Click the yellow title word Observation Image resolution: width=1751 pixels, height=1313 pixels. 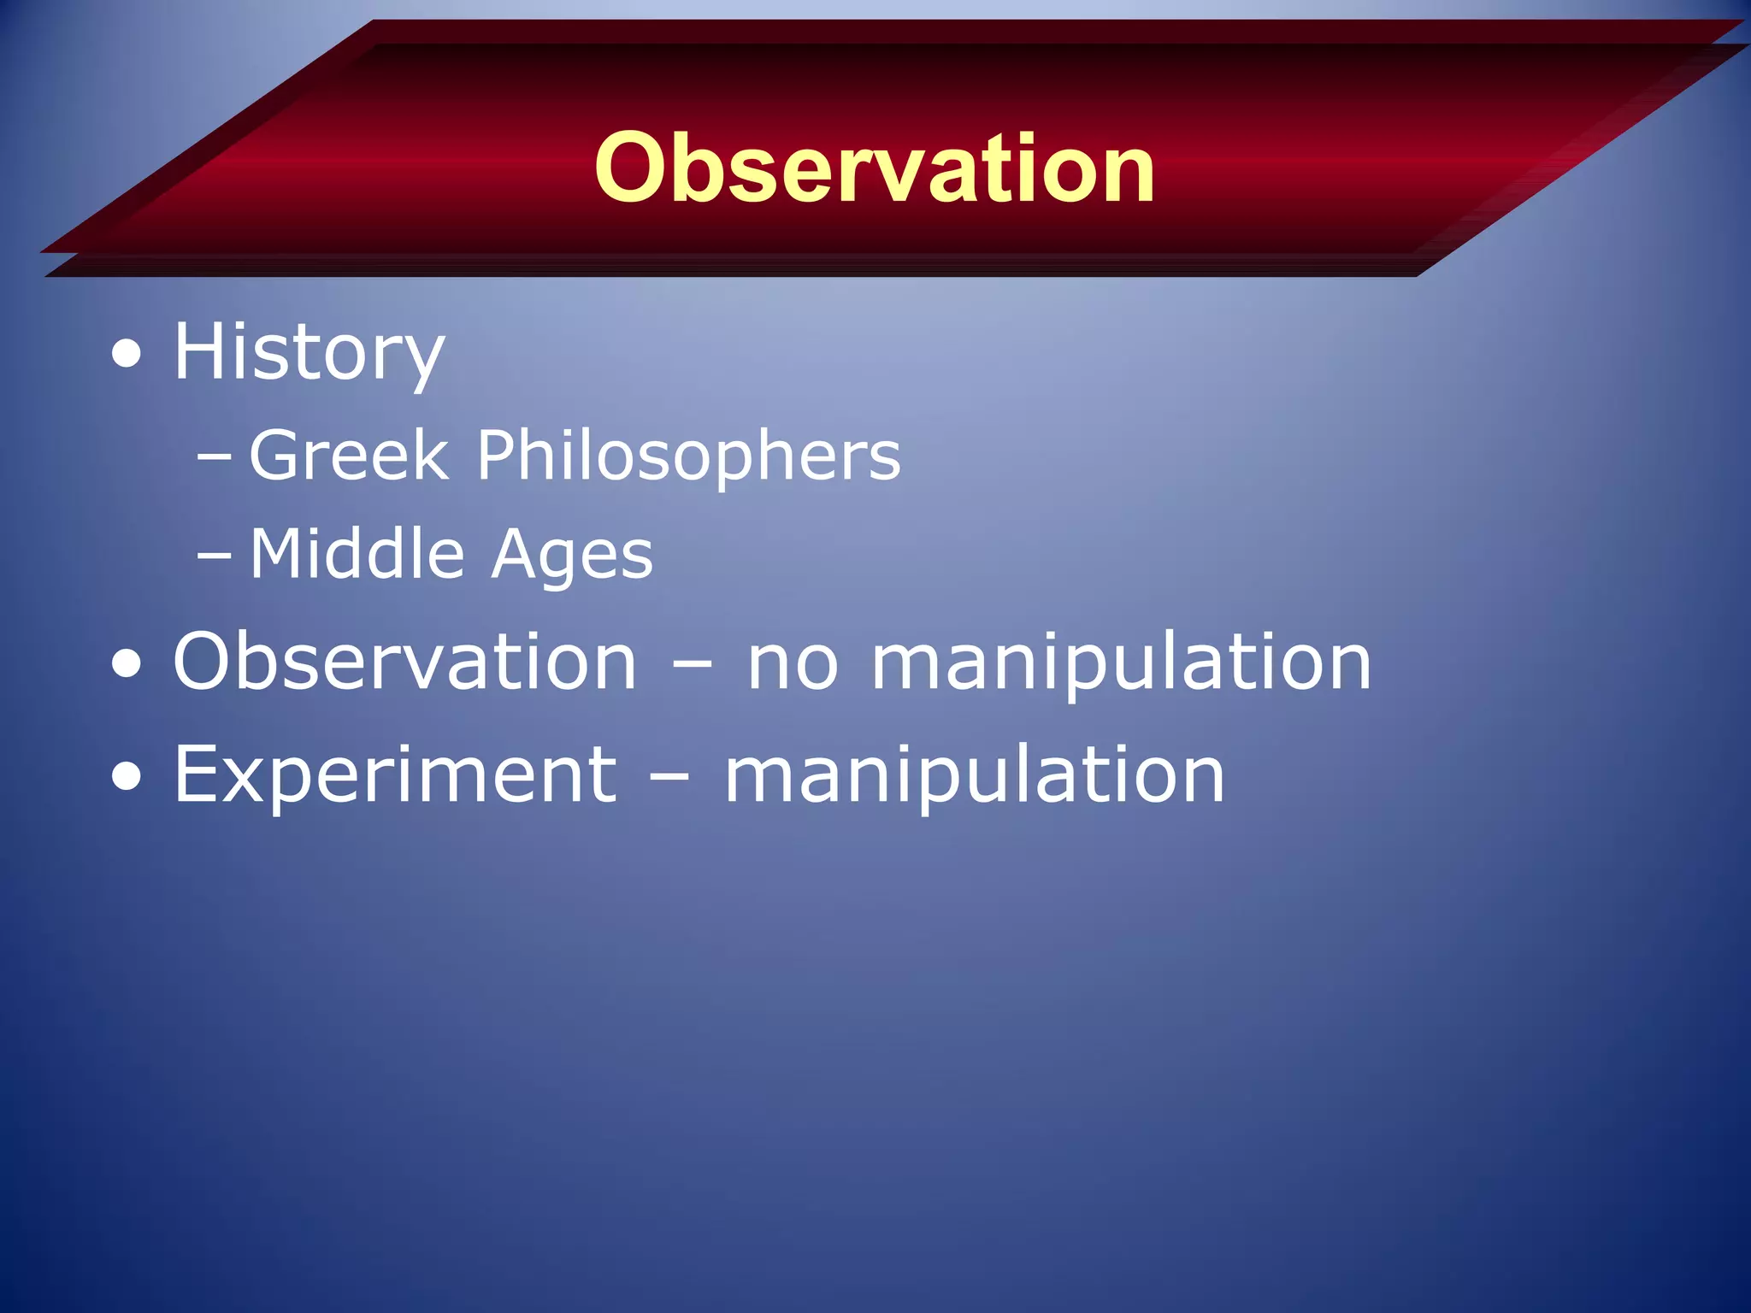(874, 168)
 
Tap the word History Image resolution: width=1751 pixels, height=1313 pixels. (309, 352)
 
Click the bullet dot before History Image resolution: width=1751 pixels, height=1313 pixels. (127, 354)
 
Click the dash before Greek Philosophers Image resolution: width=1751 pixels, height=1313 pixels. (214, 457)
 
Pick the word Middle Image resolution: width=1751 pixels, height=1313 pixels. (357, 554)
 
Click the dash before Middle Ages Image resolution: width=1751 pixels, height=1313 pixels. (214, 556)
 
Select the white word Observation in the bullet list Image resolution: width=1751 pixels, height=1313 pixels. (405, 661)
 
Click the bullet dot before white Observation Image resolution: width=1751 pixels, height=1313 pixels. (127, 663)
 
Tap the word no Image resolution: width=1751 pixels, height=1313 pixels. (793, 664)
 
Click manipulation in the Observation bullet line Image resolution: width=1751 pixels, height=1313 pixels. (1121, 662)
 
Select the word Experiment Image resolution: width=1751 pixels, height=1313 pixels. (395, 775)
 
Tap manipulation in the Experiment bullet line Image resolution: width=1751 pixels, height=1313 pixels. (975, 775)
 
